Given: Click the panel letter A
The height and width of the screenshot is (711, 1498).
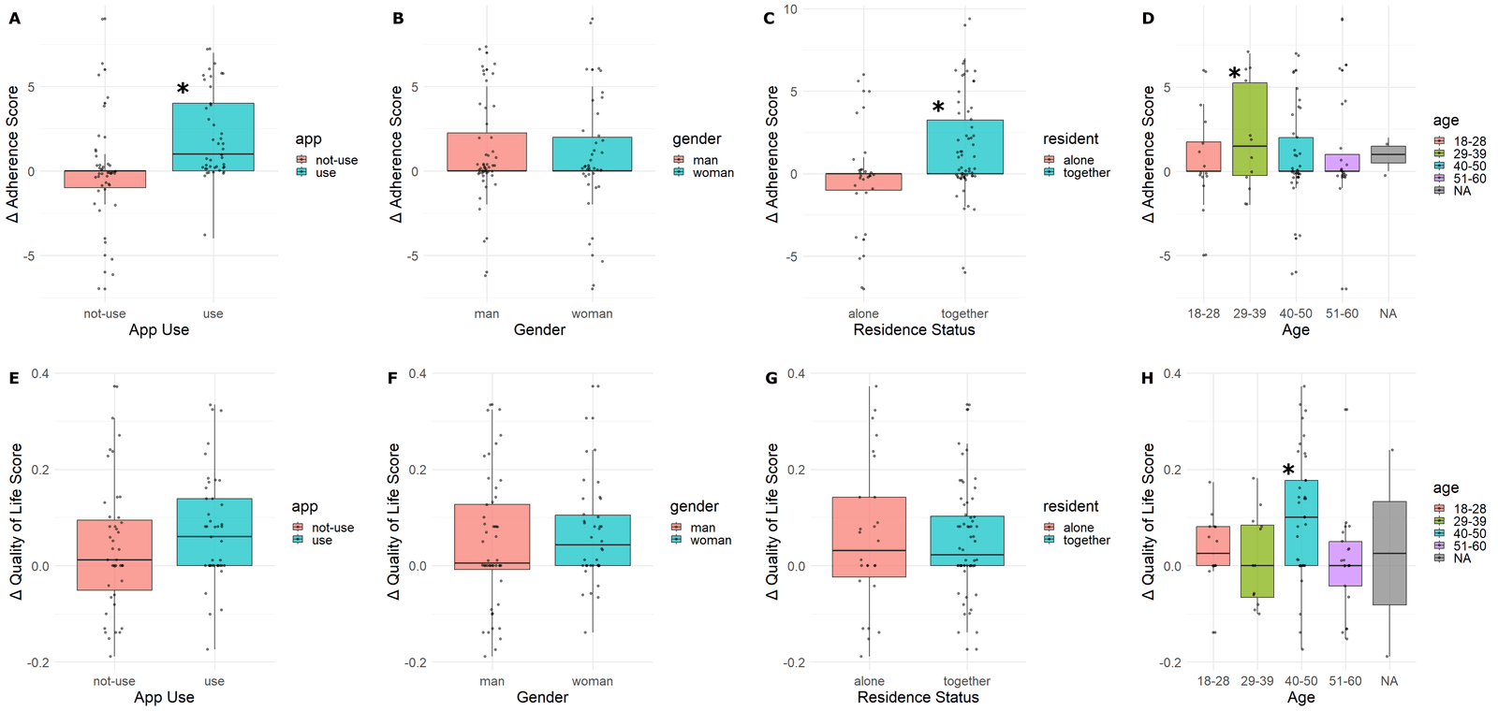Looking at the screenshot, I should (14, 18).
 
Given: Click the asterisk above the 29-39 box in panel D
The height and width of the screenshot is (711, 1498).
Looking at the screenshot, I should (1235, 74).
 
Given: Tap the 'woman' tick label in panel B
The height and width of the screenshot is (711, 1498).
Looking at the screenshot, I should (592, 313).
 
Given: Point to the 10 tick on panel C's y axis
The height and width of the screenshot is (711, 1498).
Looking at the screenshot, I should (790, 9).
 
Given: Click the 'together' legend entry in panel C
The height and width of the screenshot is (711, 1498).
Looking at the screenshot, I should (1086, 173).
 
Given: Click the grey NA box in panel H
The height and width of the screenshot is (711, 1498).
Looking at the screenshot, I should (1388, 553).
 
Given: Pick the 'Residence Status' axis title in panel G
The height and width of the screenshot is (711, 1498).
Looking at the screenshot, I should (918, 697).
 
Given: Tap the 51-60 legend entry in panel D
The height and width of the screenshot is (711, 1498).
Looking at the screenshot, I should (1469, 179).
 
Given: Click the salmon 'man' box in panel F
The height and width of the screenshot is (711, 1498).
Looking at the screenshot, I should (492, 537).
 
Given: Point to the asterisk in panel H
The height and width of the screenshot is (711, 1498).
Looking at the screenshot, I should (1288, 471).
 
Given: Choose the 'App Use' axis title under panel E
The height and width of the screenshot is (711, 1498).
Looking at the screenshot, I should (164, 697).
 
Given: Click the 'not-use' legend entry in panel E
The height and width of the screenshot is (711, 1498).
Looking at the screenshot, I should (332, 528).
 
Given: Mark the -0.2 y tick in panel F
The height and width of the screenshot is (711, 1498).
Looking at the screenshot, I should (415, 662).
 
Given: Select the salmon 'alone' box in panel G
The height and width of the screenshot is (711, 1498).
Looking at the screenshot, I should (869, 537).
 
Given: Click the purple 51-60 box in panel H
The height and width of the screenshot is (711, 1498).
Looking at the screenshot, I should (1344, 563).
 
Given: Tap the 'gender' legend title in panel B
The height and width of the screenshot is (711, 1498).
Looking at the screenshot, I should (697, 138).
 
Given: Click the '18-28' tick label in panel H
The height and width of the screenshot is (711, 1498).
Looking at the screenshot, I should (1212, 681).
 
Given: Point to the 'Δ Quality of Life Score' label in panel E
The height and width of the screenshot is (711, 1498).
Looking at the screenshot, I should (16, 520).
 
